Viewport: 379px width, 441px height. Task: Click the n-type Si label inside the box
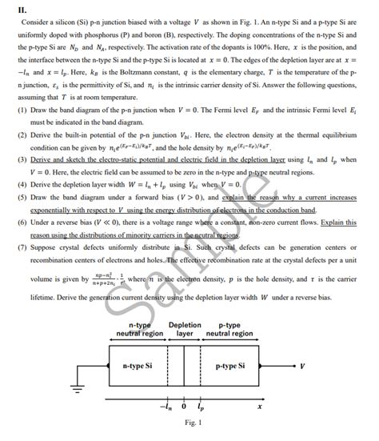tap(138, 364)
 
